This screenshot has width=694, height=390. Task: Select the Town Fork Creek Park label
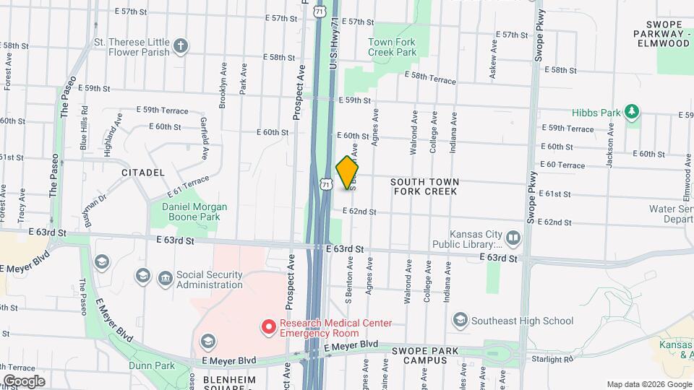(392, 47)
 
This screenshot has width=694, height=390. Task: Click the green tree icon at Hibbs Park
(633, 111)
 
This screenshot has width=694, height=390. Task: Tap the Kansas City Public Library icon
(513, 237)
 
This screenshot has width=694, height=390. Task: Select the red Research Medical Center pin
(268, 328)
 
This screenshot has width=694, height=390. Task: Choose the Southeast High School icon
(459, 320)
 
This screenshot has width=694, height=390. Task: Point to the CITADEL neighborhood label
(143, 173)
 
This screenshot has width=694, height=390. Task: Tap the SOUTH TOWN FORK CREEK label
(424, 186)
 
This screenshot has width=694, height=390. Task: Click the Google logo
(25, 381)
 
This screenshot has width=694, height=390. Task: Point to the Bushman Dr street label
(95, 210)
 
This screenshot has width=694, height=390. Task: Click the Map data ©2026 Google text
(648, 384)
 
